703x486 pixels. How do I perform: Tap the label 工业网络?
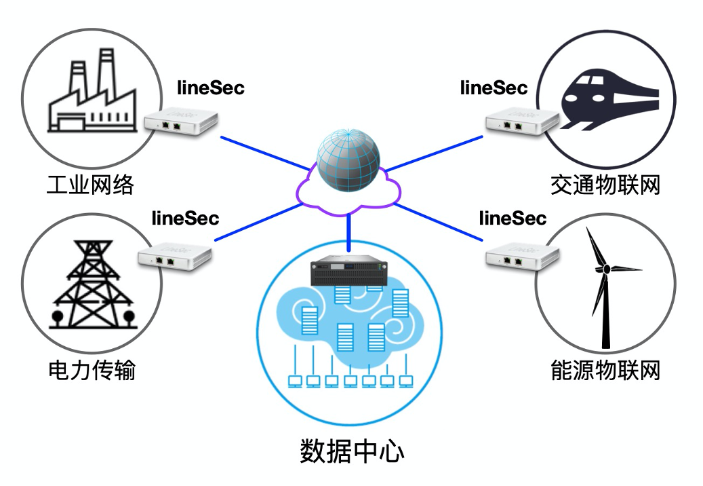[x=90, y=184]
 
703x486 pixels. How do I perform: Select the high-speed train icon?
[x=609, y=102]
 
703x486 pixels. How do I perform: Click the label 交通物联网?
[x=605, y=184]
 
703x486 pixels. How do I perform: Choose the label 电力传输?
[x=92, y=371]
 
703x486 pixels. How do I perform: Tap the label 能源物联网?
[x=605, y=371]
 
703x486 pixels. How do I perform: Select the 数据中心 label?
[x=351, y=451]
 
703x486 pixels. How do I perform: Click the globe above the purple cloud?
[x=348, y=161]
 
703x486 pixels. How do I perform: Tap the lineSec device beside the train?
[x=521, y=122]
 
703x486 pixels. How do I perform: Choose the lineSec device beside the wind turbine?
[x=522, y=256]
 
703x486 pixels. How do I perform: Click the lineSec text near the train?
[x=494, y=88]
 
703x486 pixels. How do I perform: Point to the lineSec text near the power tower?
[x=185, y=219]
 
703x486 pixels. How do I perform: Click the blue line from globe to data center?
[x=349, y=229]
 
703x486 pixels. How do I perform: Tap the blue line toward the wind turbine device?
[x=441, y=222]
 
